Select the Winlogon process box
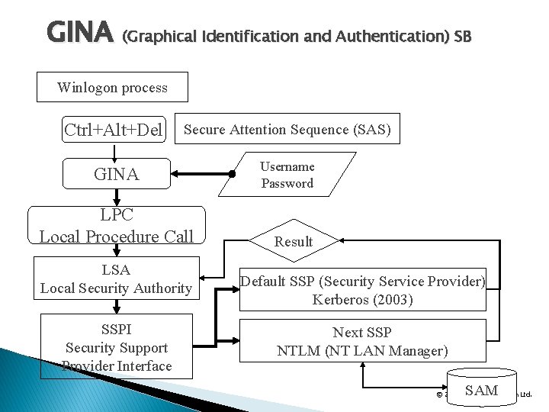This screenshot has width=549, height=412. pos(112,87)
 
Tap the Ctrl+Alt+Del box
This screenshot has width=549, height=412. pos(114,130)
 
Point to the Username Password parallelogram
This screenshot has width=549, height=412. pos(287,175)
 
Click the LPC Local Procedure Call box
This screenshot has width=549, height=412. pos(116,227)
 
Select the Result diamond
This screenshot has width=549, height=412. pos(294,241)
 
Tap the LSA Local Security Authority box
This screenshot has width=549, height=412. pos(115,278)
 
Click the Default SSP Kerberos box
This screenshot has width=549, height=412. pos(362,291)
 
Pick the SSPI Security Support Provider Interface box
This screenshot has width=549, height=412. pos(116,346)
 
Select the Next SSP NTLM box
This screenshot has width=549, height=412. pos(362,341)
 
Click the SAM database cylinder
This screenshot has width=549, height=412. pos(481,390)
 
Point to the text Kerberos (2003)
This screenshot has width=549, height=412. pos(362,300)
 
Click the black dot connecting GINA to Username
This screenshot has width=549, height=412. pos(231,175)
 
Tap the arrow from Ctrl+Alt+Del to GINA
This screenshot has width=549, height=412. pos(115,152)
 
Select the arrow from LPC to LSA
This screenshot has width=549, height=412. pos(115,252)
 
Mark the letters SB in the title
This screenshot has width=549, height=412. pos(462,36)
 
